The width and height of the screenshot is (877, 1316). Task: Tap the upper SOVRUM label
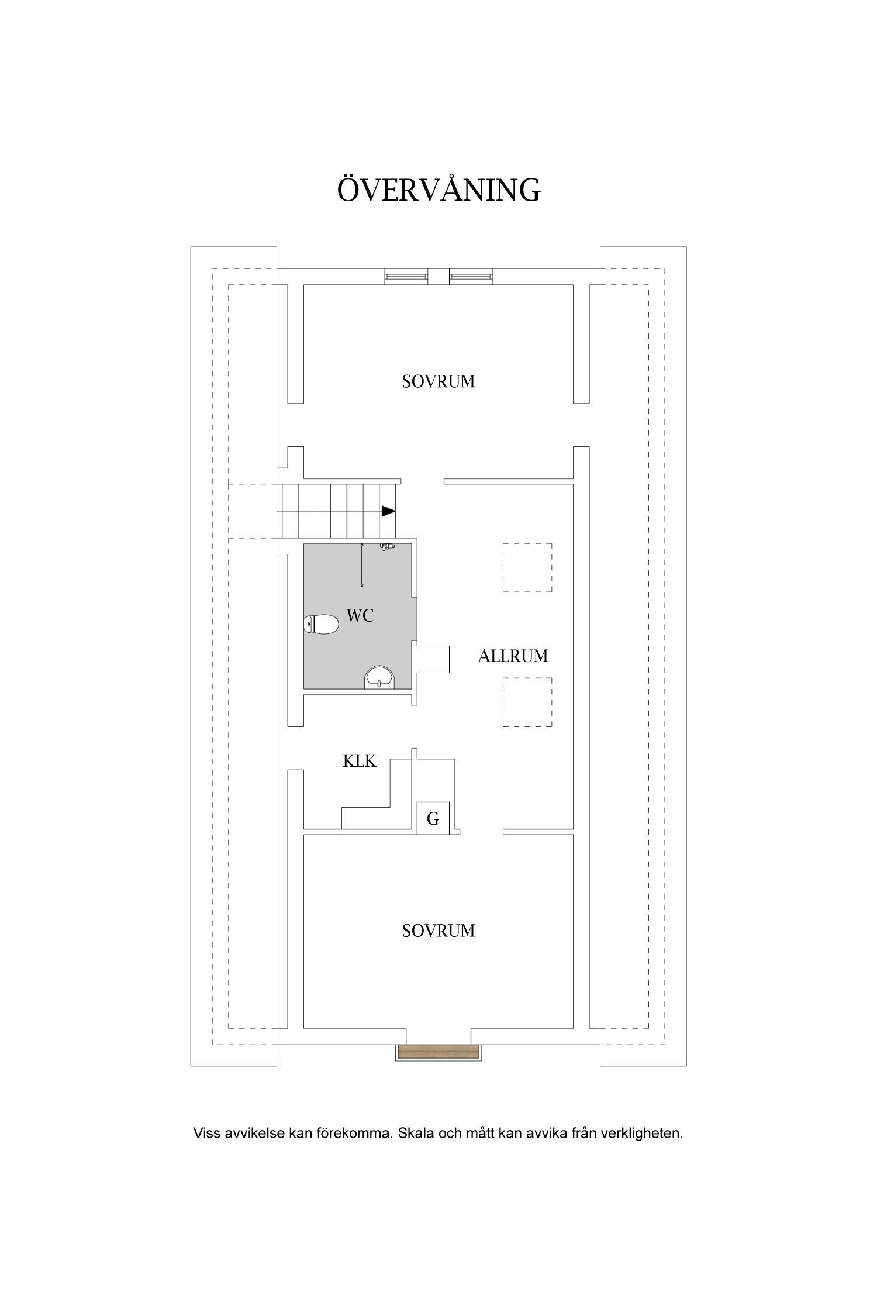438,382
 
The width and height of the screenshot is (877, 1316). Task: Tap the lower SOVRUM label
438,931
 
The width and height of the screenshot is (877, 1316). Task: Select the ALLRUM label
513,656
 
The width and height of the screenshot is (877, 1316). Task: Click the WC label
360,615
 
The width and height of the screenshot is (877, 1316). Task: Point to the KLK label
359,761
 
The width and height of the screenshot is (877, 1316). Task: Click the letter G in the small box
433,819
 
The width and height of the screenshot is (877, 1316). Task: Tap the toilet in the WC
321,625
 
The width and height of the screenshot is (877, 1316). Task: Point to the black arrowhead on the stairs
389,511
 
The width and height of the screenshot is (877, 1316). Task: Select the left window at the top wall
406,277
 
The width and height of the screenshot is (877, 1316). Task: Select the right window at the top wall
471,277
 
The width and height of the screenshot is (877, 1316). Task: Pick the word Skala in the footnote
414,1133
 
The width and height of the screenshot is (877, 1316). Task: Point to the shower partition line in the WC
362,565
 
